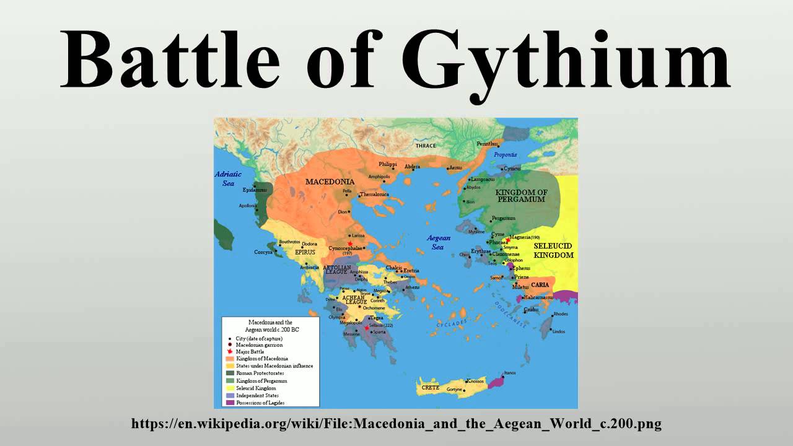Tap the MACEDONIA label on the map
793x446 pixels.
click(x=329, y=181)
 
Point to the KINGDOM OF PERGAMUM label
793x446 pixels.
click(x=521, y=196)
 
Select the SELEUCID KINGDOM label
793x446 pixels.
click(x=553, y=250)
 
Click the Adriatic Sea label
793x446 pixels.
click(x=228, y=179)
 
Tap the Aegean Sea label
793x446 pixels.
click(x=438, y=242)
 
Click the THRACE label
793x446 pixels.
click(x=425, y=146)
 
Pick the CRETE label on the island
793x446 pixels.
click(x=430, y=387)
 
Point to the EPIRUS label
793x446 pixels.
click(x=305, y=253)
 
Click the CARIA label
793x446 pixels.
click(x=540, y=285)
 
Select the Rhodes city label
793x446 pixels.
click(x=560, y=314)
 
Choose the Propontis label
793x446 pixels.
click(x=505, y=154)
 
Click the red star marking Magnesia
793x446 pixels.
click(x=507, y=240)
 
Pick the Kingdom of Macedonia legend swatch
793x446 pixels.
click(x=230, y=359)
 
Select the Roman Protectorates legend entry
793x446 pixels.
click(x=260, y=374)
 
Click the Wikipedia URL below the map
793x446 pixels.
click(x=396, y=424)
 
